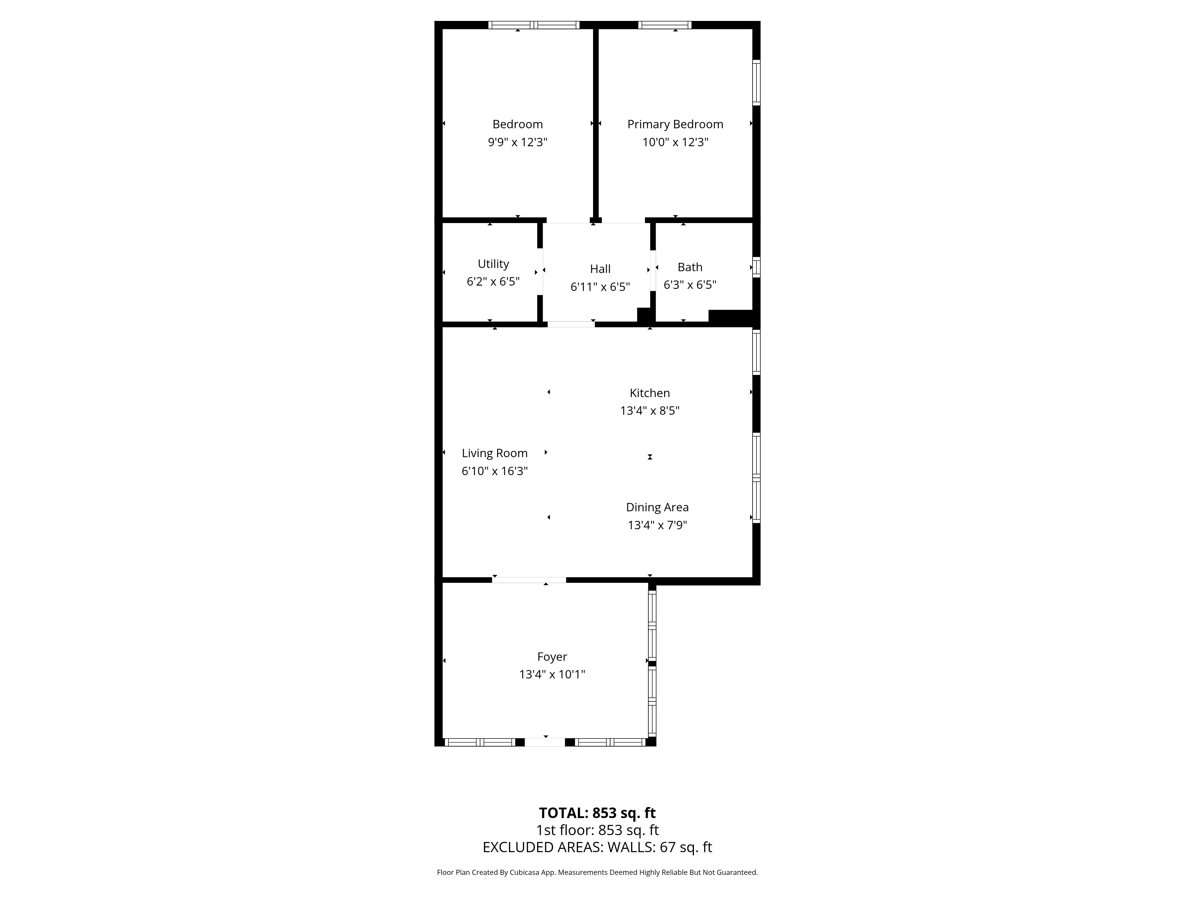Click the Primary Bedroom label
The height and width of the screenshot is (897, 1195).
coord(675,124)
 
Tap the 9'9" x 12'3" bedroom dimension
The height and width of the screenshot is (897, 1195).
coord(517,142)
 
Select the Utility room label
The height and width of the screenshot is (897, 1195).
coord(493,264)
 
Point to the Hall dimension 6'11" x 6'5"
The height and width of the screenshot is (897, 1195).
coord(600,286)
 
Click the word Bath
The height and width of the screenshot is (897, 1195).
coord(690,267)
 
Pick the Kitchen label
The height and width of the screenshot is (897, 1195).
coord(649,393)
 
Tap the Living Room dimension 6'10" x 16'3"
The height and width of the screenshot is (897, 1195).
coord(494,471)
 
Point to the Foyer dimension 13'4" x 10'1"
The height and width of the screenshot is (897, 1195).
coord(552,674)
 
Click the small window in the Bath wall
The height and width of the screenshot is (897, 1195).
coord(756,267)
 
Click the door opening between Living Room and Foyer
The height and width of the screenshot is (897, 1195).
coord(529,580)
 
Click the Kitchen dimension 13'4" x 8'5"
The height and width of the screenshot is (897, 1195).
coord(649,411)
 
